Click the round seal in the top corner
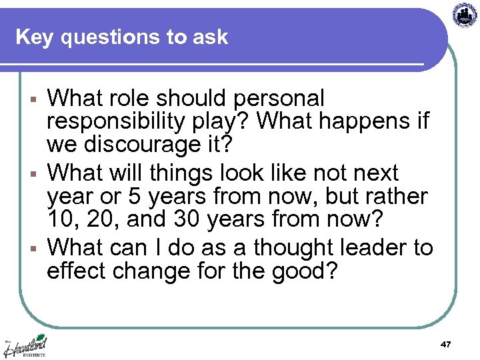465,14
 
